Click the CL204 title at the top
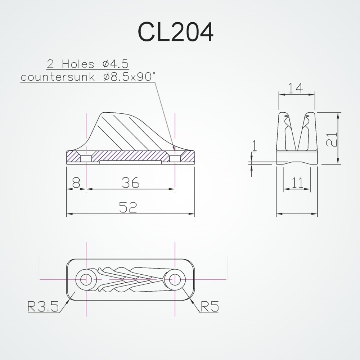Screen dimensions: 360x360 click(175, 33)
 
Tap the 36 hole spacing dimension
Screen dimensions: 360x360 click(130, 183)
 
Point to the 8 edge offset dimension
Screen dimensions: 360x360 click(76, 183)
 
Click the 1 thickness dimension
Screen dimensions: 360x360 click(255, 145)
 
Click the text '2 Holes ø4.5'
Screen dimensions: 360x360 click(88, 64)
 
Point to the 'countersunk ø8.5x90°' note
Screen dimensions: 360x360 click(88, 77)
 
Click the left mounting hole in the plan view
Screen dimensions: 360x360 click(86, 279)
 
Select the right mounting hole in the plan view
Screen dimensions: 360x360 click(175, 279)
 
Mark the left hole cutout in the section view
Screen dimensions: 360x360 click(86, 158)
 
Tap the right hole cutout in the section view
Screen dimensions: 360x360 click(175, 158)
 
